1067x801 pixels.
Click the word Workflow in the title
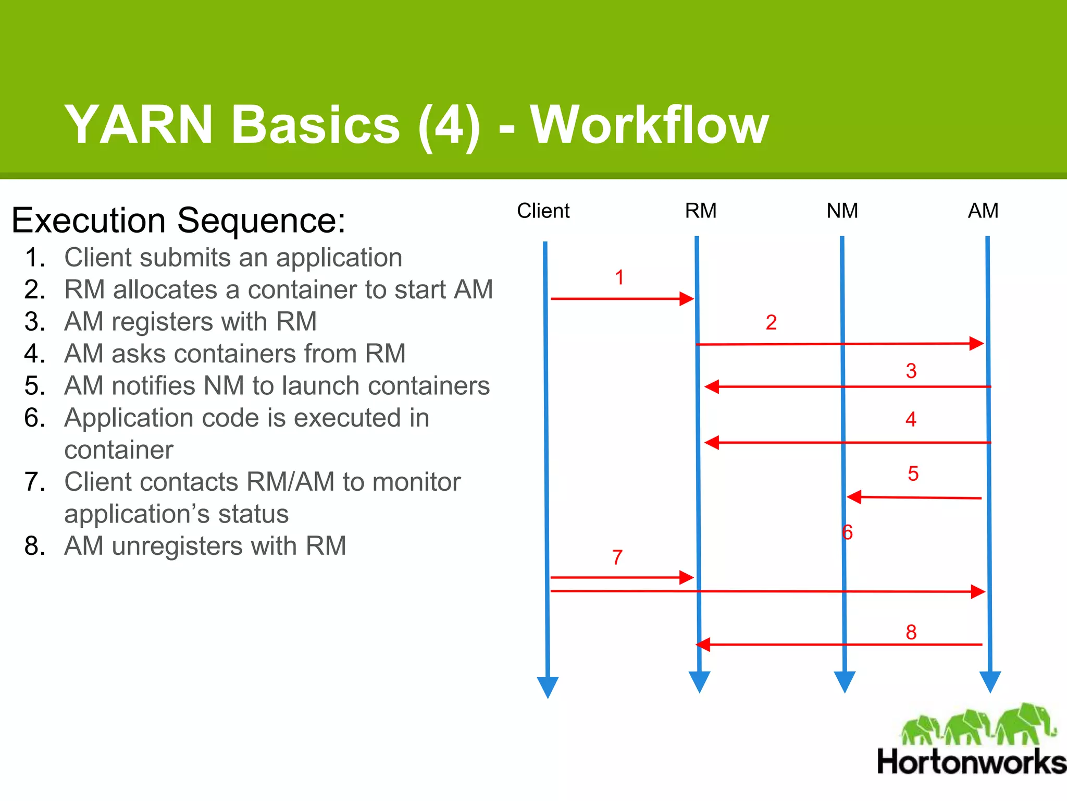pos(649,125)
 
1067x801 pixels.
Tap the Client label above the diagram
pos(543,211)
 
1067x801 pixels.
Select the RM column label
pos(700,211)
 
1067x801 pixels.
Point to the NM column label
pos(842,211)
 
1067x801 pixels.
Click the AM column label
pos(983,211)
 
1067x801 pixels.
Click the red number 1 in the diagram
pos(619,277)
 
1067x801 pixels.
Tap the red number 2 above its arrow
pos(771,322)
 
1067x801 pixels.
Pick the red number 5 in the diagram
pos(913,474)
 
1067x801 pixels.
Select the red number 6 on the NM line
pos(847,532)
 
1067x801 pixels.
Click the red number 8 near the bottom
pos(911,633)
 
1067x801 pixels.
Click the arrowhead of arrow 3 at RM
pos(711,387)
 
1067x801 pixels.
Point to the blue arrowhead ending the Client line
pos(548,686)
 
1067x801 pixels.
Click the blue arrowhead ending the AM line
pos(990,681)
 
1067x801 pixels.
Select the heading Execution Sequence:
pos(178,220)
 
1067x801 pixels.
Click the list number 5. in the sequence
pos(34,386)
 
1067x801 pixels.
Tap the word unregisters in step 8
pos(177,546)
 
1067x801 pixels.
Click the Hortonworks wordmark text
pos(971,762)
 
